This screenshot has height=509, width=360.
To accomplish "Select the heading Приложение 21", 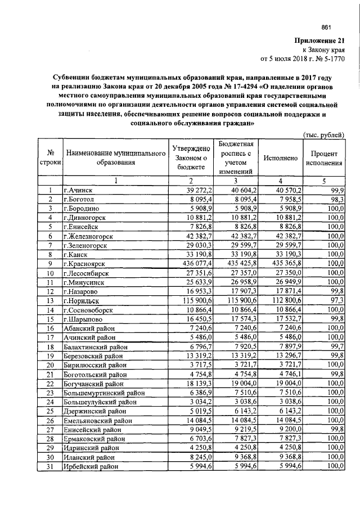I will coord(319,40).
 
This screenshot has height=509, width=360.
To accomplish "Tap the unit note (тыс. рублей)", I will coord(323,134).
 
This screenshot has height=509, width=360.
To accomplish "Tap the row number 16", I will coord(51,328).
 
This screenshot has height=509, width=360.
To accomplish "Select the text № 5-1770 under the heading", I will coord(328,58).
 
